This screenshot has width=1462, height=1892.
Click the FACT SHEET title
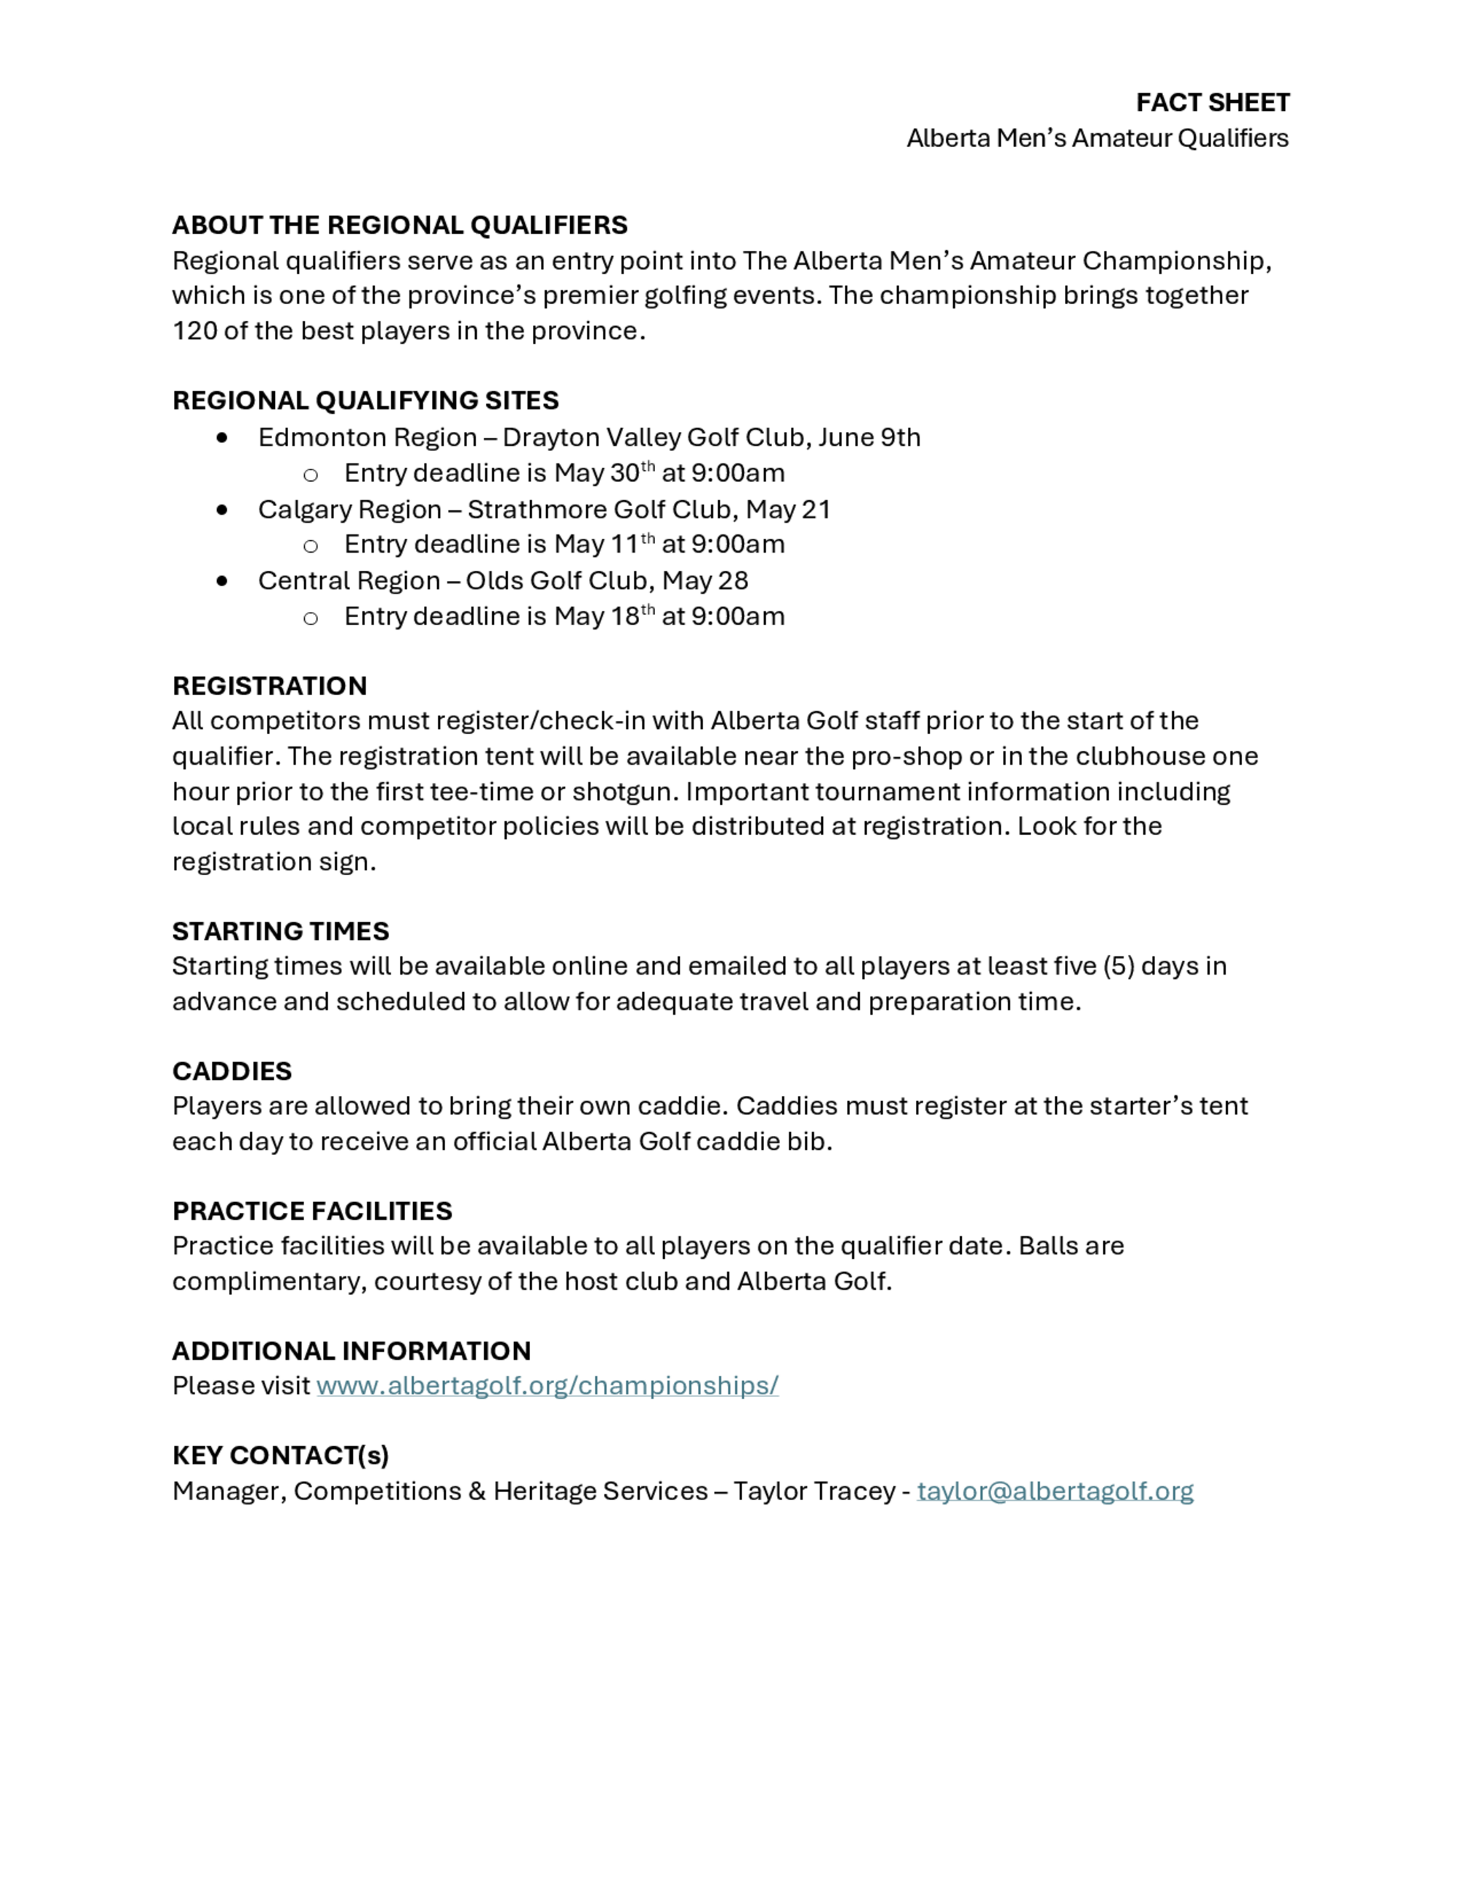[1212, 103]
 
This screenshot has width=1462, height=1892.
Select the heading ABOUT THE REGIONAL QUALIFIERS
[399, 225]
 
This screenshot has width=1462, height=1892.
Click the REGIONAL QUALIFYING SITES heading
[365, 400]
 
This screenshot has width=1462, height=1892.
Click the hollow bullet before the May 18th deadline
[310, 618]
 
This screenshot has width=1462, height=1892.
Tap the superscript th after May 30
[648, 467]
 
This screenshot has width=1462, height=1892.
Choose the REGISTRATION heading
[269, 686]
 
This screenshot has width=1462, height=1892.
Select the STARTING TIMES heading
[281, 931]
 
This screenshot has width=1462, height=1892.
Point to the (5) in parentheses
[1119, 966]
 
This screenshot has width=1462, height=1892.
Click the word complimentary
[268, 1282]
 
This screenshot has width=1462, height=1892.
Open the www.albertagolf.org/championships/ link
[548, 1386]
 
